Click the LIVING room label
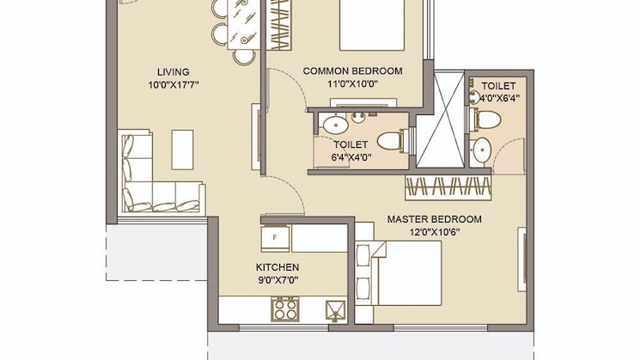[x=173, y=71]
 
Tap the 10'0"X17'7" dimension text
[x=173, y=84]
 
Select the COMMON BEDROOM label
[x=353, y=71]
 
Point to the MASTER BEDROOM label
[x=434, y=219]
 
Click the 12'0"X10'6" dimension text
[x=434, y=232]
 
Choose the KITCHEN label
[x=277, y=267]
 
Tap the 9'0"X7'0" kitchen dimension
[x=277, y=280]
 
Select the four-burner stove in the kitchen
[x=283, y=308]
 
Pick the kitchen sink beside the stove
[x=333, y=308]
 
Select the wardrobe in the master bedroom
[x=449, y=186]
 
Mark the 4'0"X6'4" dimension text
[x=498, y=98]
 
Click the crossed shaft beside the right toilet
[x=442, y=120]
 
